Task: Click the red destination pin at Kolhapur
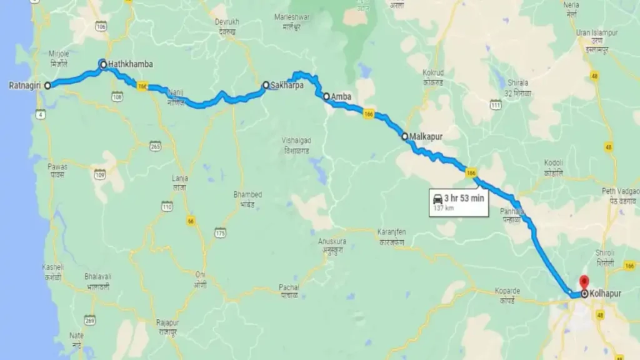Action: [x=584, y=282]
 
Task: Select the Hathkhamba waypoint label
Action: [x=130, y=64]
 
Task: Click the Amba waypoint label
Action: [x=342, y=96]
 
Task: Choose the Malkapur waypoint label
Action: [x=426, y=136]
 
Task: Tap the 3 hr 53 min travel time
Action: [x=464, y=199]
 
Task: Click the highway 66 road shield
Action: [x=188, y=220]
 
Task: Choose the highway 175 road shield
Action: [x=219, y=233]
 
